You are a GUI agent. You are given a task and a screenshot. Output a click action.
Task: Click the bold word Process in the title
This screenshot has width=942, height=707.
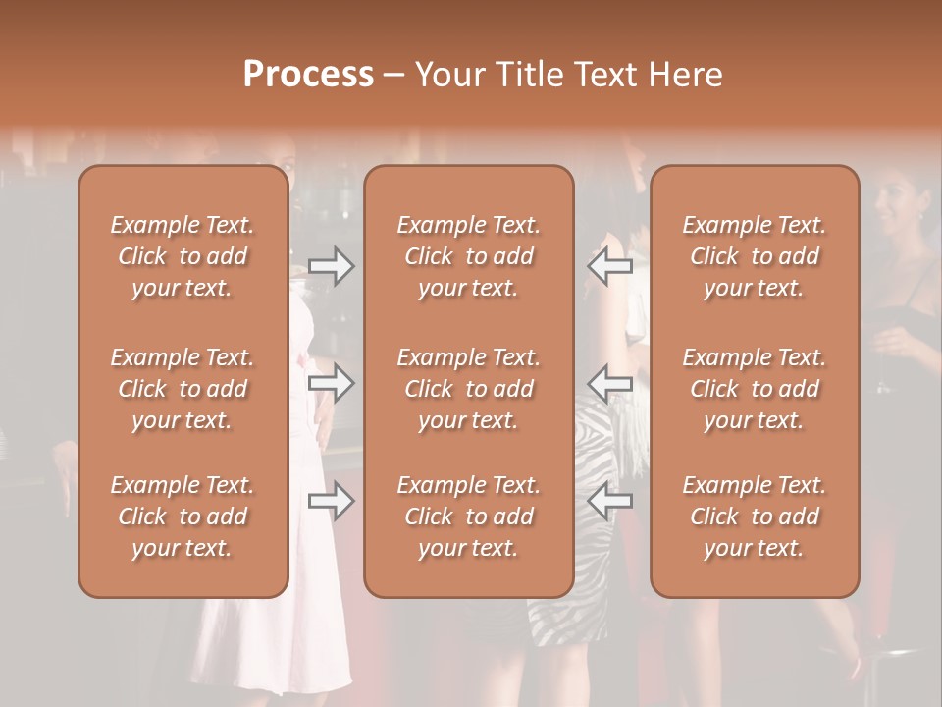coord(308,75)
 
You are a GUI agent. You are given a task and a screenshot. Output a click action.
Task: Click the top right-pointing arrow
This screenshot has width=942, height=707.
coord(331,266)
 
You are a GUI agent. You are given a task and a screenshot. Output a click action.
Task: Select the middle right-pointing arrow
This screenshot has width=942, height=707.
coord(331,383)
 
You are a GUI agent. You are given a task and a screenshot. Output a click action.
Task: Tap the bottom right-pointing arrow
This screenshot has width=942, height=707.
coord(331,502)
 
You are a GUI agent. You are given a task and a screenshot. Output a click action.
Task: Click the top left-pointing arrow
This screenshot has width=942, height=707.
coord(609,266)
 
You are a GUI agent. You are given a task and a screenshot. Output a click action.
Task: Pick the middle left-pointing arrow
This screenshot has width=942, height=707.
coord(609,383)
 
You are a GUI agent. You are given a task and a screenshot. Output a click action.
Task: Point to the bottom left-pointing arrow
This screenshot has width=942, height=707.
coord(609,502)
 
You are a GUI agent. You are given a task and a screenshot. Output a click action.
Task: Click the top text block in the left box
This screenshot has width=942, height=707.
coord(183,256)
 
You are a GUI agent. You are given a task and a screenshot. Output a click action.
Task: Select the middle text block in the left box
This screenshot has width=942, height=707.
coord(183,389)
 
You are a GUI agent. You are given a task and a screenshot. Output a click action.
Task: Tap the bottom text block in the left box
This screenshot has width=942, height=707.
coord(183,517)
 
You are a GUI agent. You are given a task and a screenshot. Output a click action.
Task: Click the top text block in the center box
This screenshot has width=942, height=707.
coord(468,256)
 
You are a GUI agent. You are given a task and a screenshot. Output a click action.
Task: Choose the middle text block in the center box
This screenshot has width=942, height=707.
coord(468,389)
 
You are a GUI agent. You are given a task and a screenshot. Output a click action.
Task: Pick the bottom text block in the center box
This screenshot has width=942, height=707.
coord(468,517)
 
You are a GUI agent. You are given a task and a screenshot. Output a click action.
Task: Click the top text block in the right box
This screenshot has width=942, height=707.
coord(754,256)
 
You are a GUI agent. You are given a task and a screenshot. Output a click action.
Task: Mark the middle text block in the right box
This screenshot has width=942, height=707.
coord(754,389)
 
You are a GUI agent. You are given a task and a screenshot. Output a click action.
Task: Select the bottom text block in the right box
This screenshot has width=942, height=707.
coord(754,517)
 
